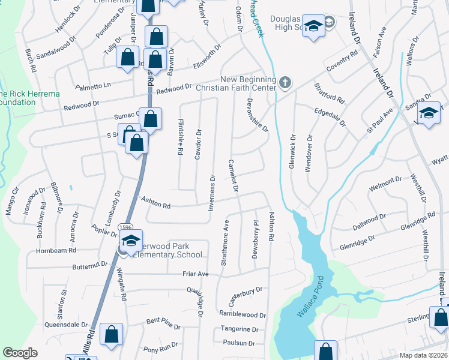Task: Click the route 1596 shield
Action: click(x=125, y=227)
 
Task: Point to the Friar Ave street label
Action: click(x=196, y=274)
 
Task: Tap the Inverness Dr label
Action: click(x=212, y=193)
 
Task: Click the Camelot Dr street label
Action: click(x=233, y=176)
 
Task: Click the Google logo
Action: click(x=20, y=353)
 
